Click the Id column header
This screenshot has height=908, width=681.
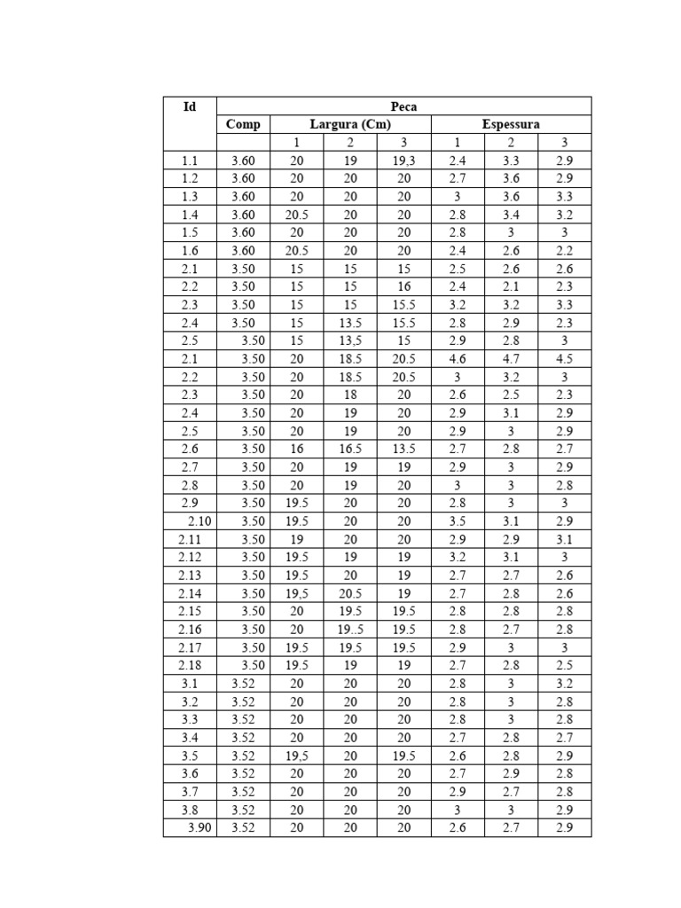click(x=190, y=107)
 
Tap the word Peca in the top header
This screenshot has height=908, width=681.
click(x=403, y=107)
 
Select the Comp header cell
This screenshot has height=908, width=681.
click(x=243, y=125)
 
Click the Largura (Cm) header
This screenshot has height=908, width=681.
click(x=350, y=125)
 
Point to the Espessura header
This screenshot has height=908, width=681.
click(x=511, y=125)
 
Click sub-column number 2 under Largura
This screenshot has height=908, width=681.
click(x=350, y=143)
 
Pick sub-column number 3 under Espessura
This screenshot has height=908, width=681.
click(x=565, y=143)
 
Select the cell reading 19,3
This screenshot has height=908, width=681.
click(x=403, y=161)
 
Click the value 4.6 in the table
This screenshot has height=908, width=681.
click(x=458, y=359)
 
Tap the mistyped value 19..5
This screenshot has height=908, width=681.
click(x=350, y=630)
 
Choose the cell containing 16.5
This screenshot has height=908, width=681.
click(x=350, y=450)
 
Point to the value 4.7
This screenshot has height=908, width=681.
click(x=511, y=359)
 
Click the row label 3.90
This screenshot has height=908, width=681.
click(x=199, y=828)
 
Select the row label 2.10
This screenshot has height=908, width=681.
click(x=199, y=521)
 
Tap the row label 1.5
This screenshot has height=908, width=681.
click(x=190, y=233)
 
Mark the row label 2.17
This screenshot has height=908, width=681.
click(x=190, y=647)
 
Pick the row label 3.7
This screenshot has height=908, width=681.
click(x=190, y=792)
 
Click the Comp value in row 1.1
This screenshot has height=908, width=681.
click(x=243, y=161)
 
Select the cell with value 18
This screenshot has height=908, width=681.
click(x=350, y=395)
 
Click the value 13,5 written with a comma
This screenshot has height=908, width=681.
click(x=350, y=341)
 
